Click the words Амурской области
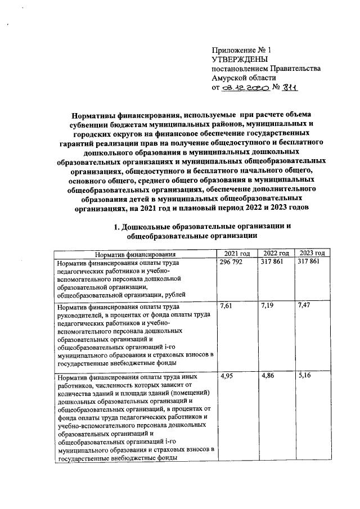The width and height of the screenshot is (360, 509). (x=244, y=78)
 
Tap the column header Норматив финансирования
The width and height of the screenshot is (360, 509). (x=135, y=254)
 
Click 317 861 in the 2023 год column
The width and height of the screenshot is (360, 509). (x=311, y=263)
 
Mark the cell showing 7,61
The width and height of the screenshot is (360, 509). (x=227, y=307)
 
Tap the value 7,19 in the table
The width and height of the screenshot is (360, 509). (x=267, y=307)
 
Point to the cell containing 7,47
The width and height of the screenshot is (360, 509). (x=305, y=307)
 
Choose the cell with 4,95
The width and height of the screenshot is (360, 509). (x=227, y=376)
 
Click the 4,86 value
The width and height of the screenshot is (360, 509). (x=267, y=376)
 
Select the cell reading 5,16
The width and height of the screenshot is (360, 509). (x=305, y=376)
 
